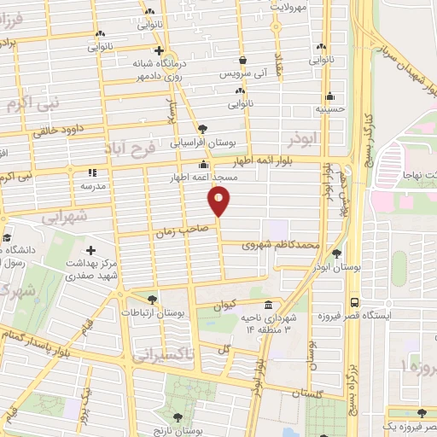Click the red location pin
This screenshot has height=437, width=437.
pyautogui.click(x=219, y=201)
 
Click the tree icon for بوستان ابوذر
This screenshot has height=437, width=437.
pyautogui.click(x=337, y=254)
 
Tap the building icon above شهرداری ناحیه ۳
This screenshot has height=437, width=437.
pyautogui.click(x=269, y=306)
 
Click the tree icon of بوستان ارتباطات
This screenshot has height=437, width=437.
pyautogui.click(x=152, y=300)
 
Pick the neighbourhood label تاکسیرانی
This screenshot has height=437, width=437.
pyautogui.click(x=166, y=353)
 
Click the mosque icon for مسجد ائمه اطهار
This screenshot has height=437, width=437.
pyautogui.click(x=203, y=164)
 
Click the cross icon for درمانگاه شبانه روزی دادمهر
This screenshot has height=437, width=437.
pyautogui.click(x=159, y=51)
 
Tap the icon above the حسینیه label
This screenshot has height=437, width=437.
pyautogui.click(x=330, y=96)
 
